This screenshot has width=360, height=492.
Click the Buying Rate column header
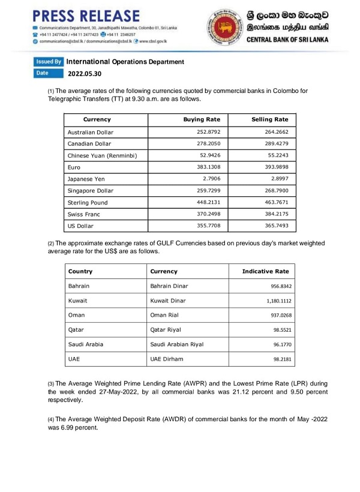pos(202,119)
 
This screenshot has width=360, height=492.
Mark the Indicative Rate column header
pos(269,271)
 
